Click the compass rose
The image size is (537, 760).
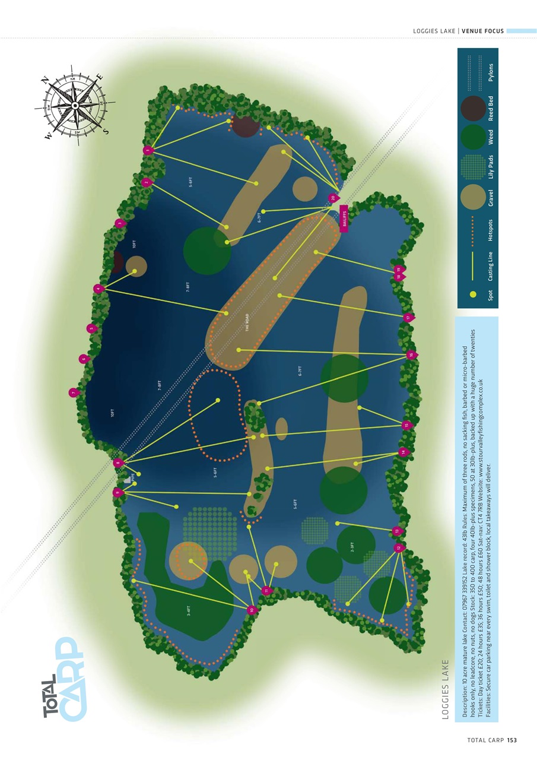[x=75, y=105]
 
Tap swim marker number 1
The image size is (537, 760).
[x=148, y=151]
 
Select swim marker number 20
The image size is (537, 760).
[x=333, y=198]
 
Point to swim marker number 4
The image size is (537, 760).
[x=99, y=289]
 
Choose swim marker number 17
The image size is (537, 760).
[x=408, y=318]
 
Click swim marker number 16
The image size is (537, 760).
[x=410, y=354]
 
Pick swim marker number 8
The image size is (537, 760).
[x=118, y=463]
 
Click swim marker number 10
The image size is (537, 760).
[x=252, y=610]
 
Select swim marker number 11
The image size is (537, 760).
[x=266, y=590]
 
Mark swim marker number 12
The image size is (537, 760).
[x=398, y=548]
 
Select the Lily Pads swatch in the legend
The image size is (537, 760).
[x=473, y=167]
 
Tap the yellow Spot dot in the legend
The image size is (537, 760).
[x=473, y=293]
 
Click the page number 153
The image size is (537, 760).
[x=512, y=740]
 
